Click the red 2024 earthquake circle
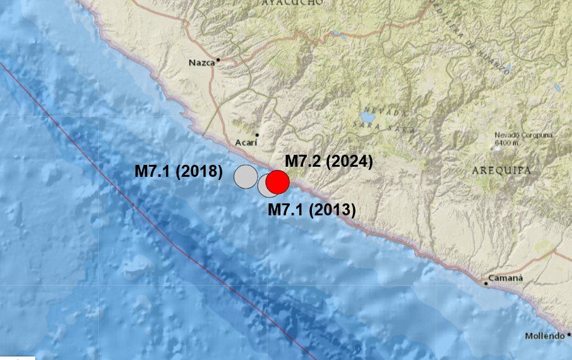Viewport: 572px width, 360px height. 277,182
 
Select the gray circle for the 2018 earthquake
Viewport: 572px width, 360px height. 246,177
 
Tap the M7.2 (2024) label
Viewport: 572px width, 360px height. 329,162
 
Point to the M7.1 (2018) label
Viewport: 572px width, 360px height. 179,171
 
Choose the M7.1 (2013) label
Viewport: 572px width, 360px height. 312,210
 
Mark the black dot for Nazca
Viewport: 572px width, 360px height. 218,61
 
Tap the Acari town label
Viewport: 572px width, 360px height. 245,143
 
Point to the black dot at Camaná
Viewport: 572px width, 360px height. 486,284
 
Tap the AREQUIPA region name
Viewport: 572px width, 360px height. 501,171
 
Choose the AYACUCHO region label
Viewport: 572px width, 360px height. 292,3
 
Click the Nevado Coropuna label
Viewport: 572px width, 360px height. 523,135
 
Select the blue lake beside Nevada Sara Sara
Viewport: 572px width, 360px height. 367,117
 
